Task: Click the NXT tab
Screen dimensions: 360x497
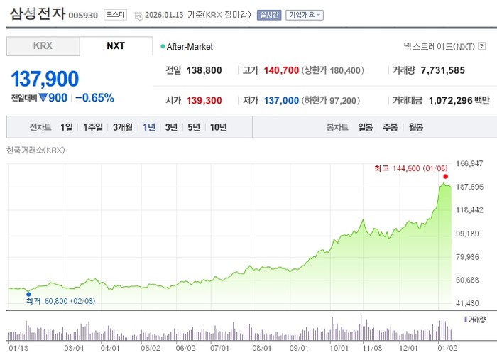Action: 116,46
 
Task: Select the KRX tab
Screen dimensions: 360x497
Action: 43,46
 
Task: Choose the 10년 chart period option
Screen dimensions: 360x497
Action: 219,128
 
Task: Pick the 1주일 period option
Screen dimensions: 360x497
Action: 93,128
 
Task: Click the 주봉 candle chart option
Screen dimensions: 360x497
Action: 390,128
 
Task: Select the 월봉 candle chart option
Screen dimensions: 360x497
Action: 415,128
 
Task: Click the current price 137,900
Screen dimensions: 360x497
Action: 45,80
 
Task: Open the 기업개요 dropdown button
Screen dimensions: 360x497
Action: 305,14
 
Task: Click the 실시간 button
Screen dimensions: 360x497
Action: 269,14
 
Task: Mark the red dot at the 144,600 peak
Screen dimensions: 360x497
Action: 445,176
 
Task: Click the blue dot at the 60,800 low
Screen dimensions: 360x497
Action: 28,293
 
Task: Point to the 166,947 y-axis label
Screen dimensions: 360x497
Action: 468,164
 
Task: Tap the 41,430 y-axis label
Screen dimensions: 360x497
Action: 468,303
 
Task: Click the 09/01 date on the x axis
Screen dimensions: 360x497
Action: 299,348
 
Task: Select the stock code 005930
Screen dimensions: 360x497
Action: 83,15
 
